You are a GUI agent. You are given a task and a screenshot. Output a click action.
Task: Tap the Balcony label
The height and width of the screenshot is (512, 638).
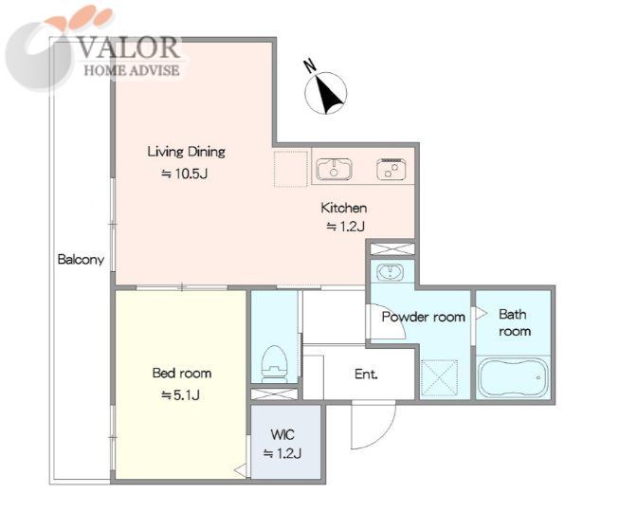81,259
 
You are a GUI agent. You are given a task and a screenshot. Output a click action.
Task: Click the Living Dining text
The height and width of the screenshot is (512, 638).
187,152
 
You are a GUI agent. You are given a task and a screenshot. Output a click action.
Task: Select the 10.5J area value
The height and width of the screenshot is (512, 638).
185,174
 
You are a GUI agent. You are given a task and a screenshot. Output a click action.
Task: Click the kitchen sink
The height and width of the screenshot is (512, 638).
334,169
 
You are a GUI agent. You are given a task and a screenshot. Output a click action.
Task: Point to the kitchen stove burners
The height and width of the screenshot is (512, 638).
392,169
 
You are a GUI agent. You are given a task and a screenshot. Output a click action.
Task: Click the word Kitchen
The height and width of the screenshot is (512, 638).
344,208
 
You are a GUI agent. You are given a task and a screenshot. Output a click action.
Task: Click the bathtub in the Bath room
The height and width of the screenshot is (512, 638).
513,377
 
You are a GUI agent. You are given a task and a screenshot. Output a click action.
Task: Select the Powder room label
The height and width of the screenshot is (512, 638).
424,317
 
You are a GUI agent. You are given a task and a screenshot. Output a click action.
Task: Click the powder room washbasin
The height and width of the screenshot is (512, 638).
391,272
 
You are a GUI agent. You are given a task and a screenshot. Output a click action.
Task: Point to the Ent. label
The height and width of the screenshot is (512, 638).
366,374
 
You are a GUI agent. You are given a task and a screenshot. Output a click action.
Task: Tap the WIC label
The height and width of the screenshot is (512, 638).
283,434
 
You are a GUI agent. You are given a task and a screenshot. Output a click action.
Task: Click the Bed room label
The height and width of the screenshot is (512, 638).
182,374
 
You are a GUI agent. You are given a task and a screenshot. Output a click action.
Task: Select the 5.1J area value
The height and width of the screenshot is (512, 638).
181,395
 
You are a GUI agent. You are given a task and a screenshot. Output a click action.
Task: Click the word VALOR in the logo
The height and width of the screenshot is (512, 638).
129,47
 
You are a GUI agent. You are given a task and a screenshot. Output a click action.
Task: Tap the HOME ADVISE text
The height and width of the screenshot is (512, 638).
132,70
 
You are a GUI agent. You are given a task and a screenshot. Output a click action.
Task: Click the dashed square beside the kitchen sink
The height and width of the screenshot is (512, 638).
290,169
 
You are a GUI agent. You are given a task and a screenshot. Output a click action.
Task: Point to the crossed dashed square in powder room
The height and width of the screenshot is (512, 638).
439,377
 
